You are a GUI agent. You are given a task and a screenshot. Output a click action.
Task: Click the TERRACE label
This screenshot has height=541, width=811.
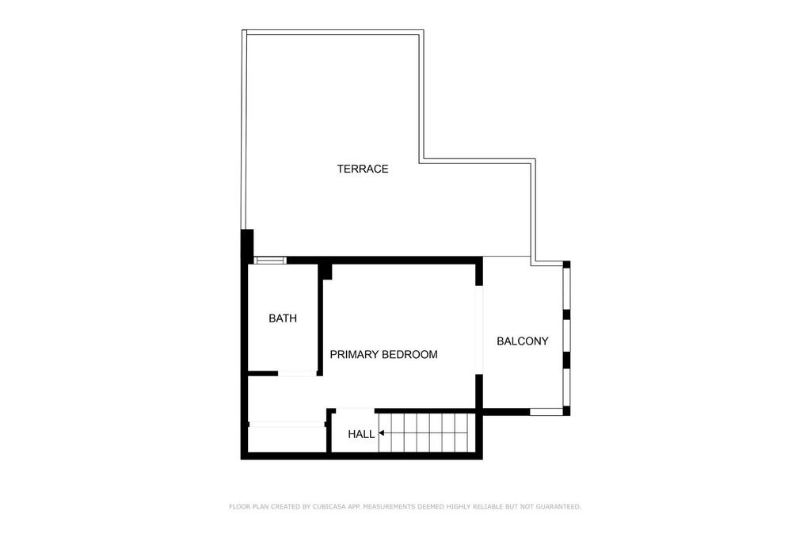point(363,169)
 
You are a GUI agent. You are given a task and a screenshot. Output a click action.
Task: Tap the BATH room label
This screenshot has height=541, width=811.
point(283,318)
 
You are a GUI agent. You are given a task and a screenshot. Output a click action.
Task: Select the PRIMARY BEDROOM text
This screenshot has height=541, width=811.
point(384,354)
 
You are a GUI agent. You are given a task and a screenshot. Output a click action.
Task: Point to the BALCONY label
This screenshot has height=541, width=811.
point(523,341)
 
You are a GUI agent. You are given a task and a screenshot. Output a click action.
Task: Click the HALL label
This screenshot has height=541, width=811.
point(361,434)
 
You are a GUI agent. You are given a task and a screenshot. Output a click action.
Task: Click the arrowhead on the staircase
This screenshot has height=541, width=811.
point(381,433)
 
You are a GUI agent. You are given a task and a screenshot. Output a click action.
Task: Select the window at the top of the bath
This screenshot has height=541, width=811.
point(270,260)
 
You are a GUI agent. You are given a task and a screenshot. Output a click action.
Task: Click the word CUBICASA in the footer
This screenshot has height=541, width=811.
point(331,507)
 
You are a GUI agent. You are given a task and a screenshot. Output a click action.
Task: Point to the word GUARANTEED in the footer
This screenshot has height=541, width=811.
point(558,507)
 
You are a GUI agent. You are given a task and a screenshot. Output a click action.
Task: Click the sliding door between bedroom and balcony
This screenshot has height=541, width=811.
point(479,330)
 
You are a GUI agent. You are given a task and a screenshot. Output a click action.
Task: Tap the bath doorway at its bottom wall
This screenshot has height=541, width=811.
point(298,373)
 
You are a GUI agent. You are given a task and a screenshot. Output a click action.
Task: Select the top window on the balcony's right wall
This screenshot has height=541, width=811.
point(566,288)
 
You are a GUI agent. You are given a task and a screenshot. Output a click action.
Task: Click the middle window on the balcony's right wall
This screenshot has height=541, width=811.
point(566,336)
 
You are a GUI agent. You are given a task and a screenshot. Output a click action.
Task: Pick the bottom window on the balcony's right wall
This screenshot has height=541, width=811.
point(566,387)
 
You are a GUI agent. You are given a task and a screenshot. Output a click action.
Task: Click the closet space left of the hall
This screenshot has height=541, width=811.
point(287,440)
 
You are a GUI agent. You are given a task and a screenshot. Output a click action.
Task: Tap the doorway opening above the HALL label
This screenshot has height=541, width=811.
point(356,410)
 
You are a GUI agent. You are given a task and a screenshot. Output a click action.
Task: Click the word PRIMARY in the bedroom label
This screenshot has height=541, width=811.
point(348,354)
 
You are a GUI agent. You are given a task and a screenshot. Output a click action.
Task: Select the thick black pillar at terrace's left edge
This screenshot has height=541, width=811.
point(247,244)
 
